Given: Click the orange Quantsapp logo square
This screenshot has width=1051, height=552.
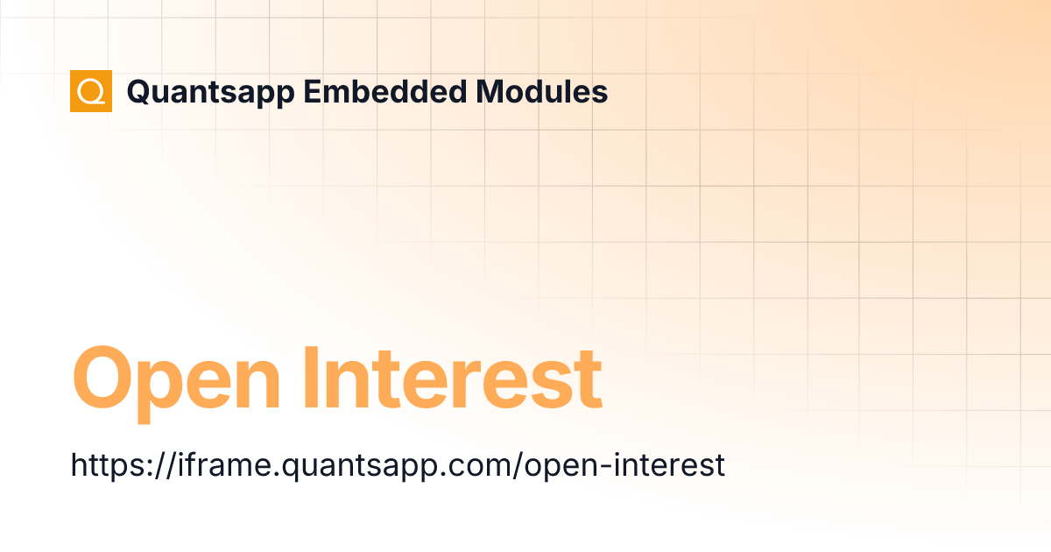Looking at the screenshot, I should (x=91, y=91).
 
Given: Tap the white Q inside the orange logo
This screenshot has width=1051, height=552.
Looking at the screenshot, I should (x=91, y=91).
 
